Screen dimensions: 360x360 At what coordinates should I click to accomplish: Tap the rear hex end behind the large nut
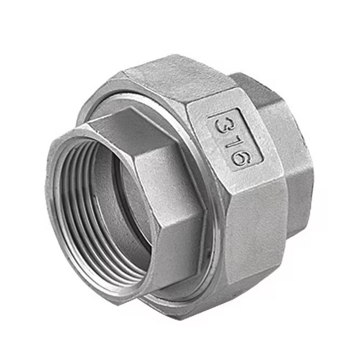(x=288, y=150)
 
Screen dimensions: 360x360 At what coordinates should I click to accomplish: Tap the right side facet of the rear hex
(x=300, y=174)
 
